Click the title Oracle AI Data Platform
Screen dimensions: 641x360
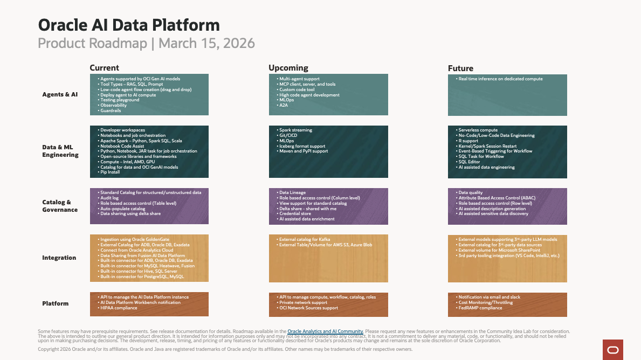point(129,25)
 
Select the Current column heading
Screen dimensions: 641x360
point(104,68)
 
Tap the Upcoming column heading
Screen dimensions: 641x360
point(288,68)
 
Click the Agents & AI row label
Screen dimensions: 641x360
point(60,94)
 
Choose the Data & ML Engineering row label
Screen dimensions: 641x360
point(60,151)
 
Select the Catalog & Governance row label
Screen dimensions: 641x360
point(60,206)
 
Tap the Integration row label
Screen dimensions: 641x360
point(59,258)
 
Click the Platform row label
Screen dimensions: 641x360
point(55,303)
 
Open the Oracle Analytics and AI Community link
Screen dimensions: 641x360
point(325,331)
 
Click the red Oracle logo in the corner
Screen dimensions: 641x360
point(613,350)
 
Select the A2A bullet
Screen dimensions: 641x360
point(283,106)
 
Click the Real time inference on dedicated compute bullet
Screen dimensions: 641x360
point(500,79)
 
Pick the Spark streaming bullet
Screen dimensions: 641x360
point(295,130)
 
